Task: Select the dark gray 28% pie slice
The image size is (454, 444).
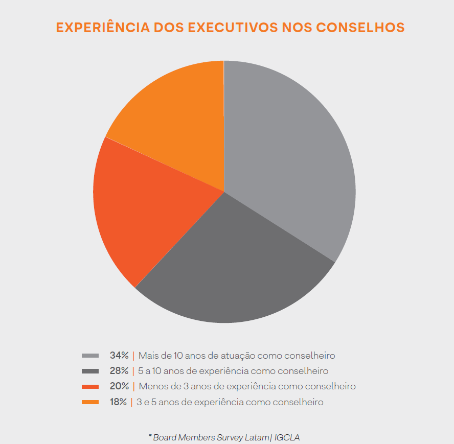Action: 230,271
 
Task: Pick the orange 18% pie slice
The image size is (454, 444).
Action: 174,118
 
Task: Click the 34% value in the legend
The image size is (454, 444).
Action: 119,356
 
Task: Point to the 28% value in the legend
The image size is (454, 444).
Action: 119,371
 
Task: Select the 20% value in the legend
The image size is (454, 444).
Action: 119,386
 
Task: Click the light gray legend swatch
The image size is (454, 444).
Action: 90,356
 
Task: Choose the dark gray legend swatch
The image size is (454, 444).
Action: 90,371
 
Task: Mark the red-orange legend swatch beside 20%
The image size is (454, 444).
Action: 90,387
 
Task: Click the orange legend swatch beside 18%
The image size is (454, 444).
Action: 90,402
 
